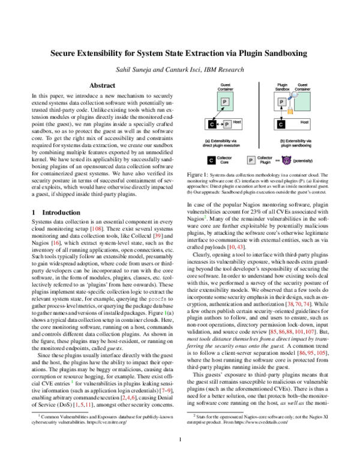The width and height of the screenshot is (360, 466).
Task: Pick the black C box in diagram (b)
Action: tap(281, 124)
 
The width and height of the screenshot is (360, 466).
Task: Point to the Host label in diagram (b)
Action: tap(305, 122)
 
